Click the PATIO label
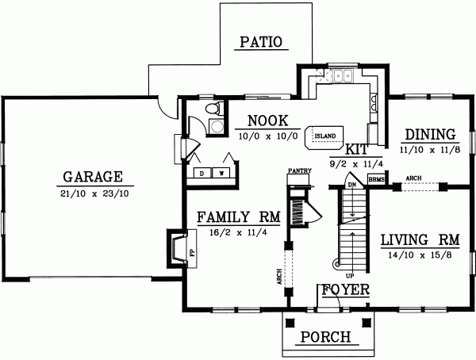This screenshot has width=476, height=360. [x=261, y=43]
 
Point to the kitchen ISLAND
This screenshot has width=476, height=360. [x=324, y=136]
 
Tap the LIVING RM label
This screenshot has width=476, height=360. [x=416, y=239]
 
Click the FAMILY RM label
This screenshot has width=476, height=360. [x=235, y=216]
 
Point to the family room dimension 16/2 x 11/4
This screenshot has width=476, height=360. [x=235, y=232]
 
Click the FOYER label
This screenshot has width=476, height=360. [x=344, y=290]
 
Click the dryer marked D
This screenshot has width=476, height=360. [x=202, y=171]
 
